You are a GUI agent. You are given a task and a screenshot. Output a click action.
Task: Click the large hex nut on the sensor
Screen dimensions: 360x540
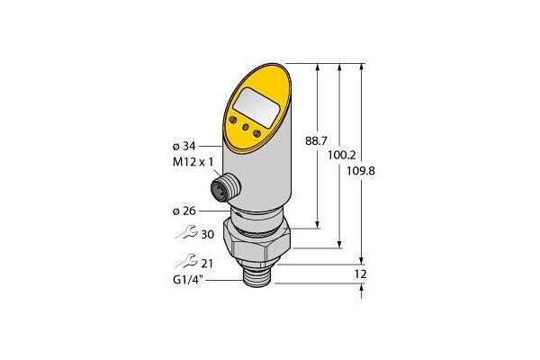256,241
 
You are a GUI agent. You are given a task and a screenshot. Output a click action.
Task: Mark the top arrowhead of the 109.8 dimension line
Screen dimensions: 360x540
361,67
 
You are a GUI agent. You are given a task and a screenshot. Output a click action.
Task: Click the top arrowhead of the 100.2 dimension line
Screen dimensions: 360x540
339,67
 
